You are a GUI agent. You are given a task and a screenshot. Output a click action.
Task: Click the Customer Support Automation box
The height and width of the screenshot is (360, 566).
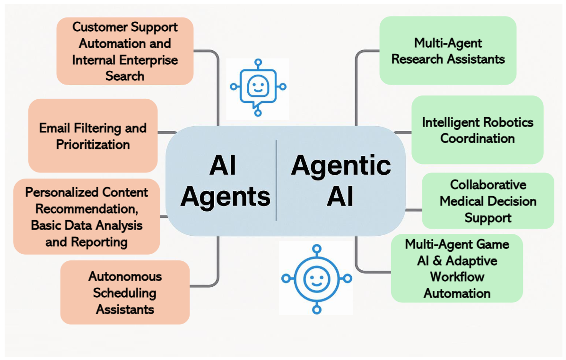125,51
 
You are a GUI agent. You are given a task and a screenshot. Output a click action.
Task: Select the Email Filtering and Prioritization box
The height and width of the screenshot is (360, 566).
93,136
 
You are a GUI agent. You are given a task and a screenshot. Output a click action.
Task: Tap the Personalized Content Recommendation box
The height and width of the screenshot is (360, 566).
87,216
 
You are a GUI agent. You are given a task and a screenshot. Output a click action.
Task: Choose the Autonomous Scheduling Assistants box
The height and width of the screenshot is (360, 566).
125,292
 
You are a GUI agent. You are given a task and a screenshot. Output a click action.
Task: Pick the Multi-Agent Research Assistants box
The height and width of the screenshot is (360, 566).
448,51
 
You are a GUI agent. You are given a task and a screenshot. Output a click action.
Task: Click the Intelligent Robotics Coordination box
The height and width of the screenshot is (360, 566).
477,130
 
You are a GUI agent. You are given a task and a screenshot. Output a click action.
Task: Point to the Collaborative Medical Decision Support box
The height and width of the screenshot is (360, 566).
488,201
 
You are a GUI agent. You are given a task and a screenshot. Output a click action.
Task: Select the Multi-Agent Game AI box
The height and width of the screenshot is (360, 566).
457,268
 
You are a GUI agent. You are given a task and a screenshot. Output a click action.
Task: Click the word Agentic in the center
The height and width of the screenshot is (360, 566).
341,165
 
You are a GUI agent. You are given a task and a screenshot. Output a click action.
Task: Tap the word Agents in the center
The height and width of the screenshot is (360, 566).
225,196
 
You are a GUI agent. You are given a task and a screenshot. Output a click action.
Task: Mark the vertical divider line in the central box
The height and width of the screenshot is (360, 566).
276,180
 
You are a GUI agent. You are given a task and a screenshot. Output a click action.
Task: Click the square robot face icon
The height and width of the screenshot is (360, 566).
258,87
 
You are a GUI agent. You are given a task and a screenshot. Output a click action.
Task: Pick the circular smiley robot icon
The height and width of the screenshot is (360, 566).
316,278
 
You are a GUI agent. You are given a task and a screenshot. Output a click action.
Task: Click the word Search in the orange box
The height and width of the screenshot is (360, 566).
125,76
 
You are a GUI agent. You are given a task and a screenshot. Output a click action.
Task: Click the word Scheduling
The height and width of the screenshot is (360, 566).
125,292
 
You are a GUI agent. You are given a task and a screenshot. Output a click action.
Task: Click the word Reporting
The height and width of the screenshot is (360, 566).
99,242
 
